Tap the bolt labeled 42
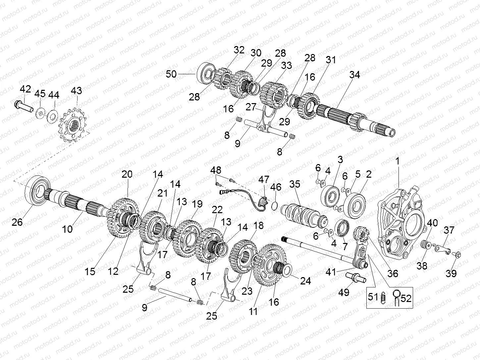point(23,106)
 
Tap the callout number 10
point(68,229)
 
